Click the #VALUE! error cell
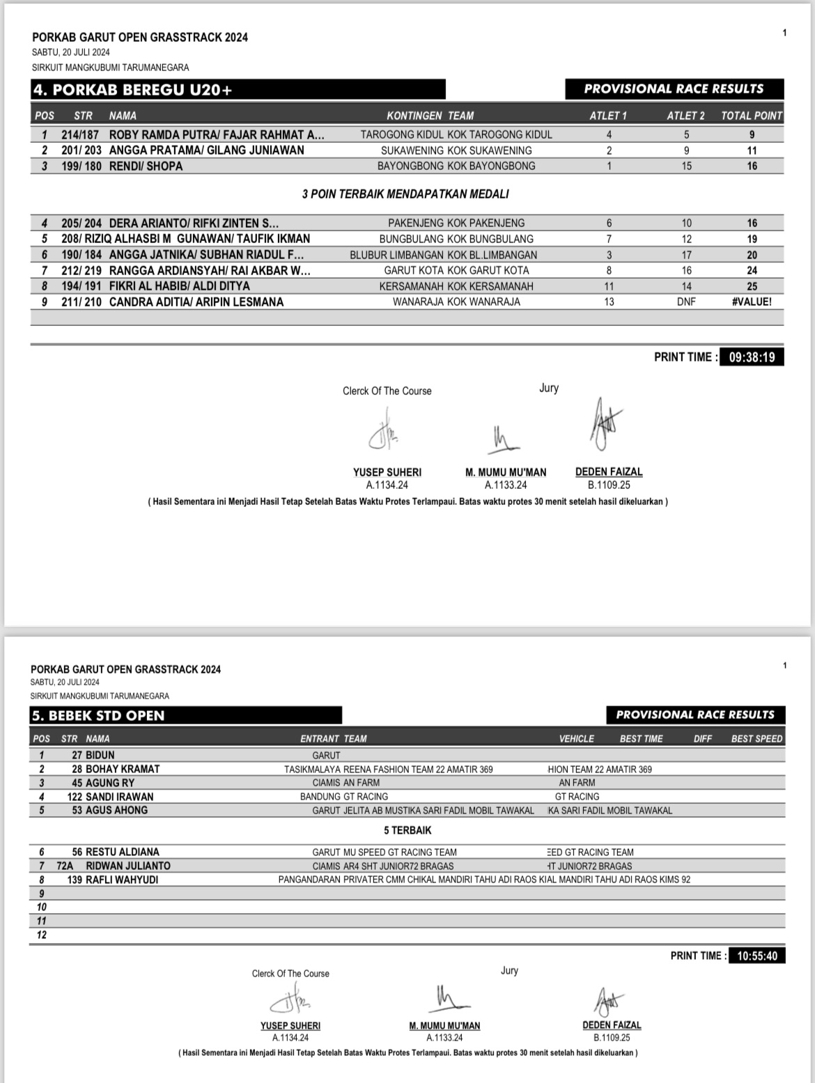pyautogui.click(x=752, y=302)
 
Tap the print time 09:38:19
pyautogui.click(x=752, y=357)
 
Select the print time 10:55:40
pyautogui.click(x=756, y=956)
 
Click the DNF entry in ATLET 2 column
pyautogui.click(x=686, y=302)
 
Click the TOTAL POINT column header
pyautogui.click(x=752, y=116)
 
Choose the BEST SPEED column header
pyautogui.click(x=756, y=739)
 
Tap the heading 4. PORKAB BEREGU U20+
pyautogui.click(x=133, y=90)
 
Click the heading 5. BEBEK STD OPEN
pyautogui.click(x=98, y=716)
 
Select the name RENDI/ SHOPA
pyautogui.click(x=146, y=166)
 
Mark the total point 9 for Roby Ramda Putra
pyautogui.click(x=752, y=135)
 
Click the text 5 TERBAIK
pyautogui.click(x=407, y=831)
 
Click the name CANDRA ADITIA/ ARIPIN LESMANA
pyautogui.click(x=196, y=302)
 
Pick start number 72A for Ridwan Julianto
pyautogui.click(x=65, y=866)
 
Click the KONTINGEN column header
pyautogui.click(x=414, y=116)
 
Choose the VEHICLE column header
pyautogui.click(x=576, y=739)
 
